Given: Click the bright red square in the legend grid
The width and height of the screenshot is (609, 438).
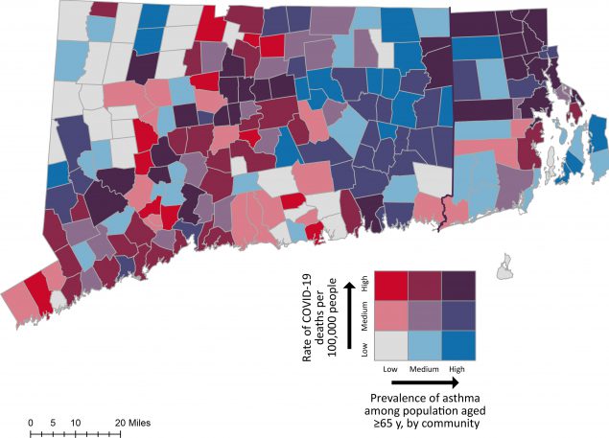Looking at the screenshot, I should click(x=392, y=285).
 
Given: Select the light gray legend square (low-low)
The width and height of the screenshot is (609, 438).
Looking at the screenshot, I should click(x=392, y=345).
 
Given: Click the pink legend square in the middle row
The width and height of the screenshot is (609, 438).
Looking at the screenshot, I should click(x=392, y=315).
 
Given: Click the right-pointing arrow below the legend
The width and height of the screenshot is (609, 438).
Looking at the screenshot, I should click(x=422, y=382).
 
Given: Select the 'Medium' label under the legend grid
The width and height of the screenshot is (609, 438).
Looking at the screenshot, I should click(x=423, y=368).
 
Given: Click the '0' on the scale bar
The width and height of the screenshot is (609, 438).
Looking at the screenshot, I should click(x=31, y=422).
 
